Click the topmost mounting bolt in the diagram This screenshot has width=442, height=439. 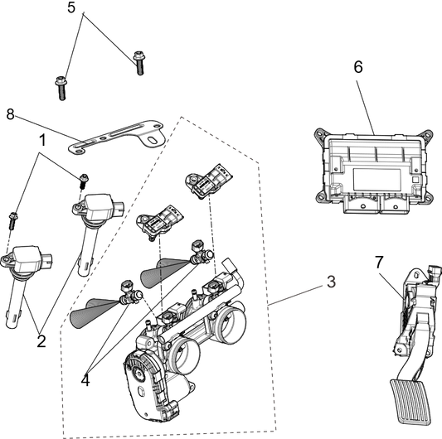(x=138, y=61)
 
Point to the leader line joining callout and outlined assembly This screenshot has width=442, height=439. (x=299, y=293)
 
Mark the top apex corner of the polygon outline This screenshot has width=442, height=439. (x=181, y=116)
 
